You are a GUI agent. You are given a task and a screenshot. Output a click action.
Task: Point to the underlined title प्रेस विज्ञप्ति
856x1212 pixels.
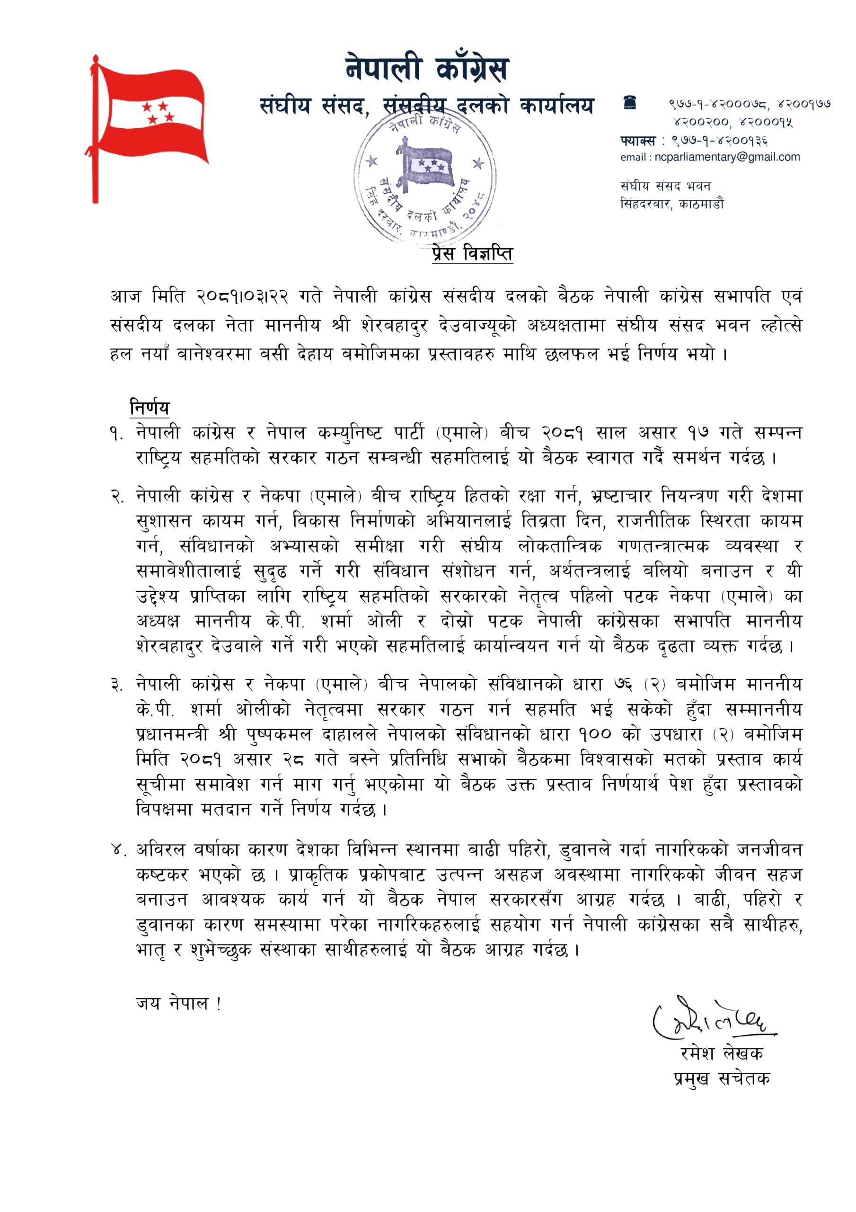(x=472, y=254)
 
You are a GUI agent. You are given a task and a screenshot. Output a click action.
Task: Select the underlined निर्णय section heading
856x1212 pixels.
(x=150, y=408)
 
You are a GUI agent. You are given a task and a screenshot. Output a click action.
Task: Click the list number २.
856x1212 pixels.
(x=116, y=497)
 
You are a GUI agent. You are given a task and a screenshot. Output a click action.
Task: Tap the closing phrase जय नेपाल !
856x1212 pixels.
(x=178, y=1003)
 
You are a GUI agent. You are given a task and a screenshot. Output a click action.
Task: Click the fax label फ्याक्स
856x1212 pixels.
(x=637, y=141)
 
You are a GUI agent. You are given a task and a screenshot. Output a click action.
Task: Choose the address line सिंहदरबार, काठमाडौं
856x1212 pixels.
(x=672, y=204)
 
